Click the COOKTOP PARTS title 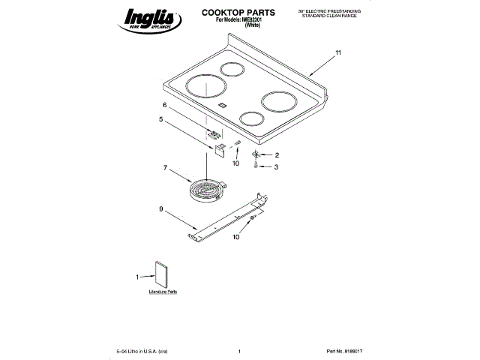point(238,13)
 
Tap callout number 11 point(337,52)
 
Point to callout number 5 point(160,118)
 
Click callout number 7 point(165,168)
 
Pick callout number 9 point(160,208)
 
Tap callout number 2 point(276,155)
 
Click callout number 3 point(276,167)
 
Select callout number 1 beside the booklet point(138,277)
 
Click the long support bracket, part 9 point(229,217)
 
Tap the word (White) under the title point(253,25)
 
